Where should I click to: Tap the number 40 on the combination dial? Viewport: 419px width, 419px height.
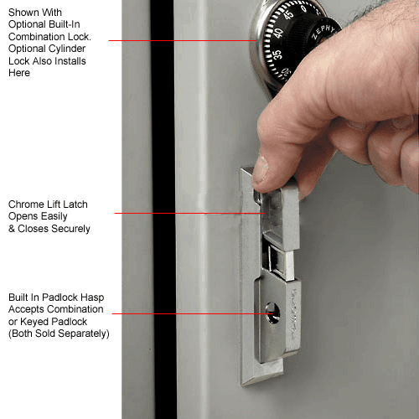(x=276, y=34)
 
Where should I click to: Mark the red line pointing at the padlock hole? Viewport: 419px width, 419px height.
(x=189, y=314)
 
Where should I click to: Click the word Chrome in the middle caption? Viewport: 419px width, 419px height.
(x=26, y=204)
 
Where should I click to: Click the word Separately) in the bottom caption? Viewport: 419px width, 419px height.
(x=85, y=334)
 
